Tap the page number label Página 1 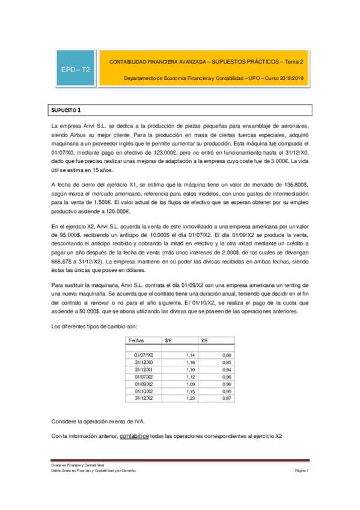(x=301, y=471)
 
